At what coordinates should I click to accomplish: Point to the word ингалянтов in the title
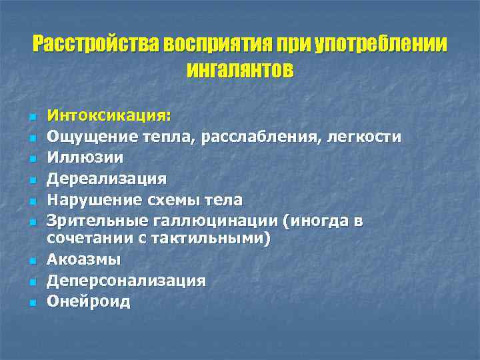[239, 69]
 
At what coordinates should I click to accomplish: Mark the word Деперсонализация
[126, 280]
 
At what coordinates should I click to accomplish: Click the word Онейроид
[88, 301]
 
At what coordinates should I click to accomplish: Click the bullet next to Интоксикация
[31, 117]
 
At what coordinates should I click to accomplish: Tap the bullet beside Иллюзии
[31, 159]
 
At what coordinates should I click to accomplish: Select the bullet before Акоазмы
[31, 261]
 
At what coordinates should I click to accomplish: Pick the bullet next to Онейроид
[31, 302]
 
